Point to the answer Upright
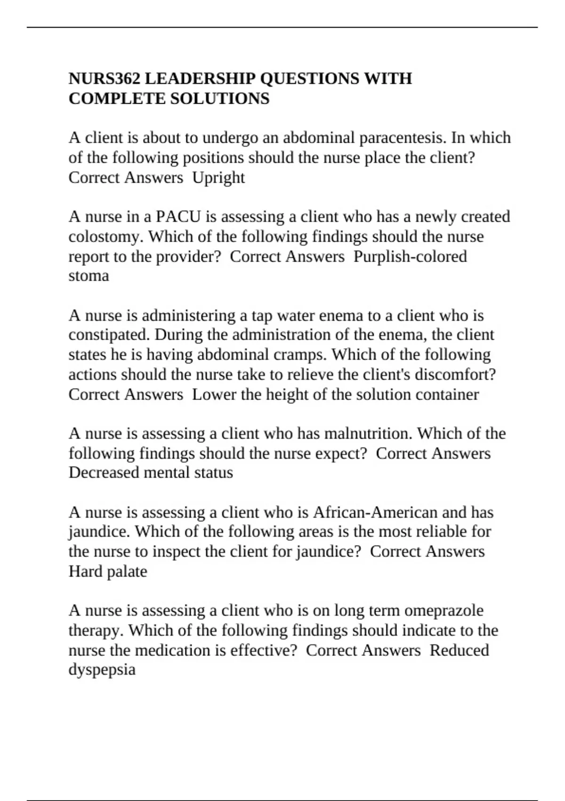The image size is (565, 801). (x=218, y=178)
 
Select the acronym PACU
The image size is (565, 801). (x=178, y=216)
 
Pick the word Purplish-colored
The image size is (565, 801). (x=410, y=256)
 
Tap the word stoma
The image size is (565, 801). (x=89, y=275)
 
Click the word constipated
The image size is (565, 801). (x=109, y=335)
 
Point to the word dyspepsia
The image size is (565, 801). (x=102, y=670)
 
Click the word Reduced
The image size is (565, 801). (x=459, y=650)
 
